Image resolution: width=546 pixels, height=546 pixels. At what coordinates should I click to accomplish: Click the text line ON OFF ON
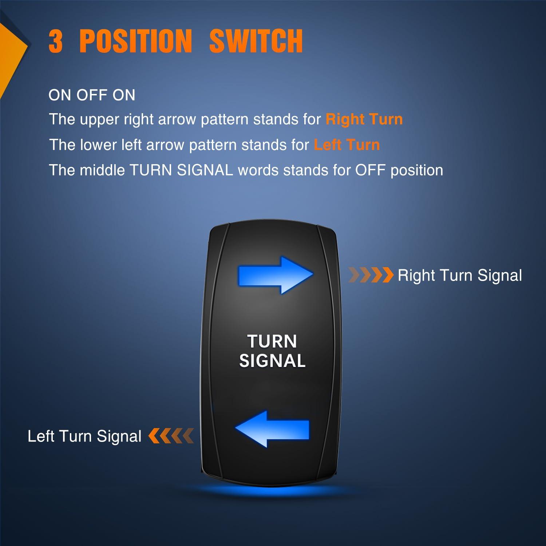pyautogui.click(x=92, y=95)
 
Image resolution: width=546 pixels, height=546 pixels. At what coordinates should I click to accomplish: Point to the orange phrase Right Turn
pyautogui.click(x=364, y=119)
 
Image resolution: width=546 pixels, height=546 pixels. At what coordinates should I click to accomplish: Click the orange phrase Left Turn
pyautogui.click(x=347, y=145)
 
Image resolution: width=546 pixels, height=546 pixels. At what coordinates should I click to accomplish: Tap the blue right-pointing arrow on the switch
pyautogui.click(x=275, y=275)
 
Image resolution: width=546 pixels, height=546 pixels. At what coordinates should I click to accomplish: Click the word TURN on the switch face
pyautogui.click(x=272, y=341)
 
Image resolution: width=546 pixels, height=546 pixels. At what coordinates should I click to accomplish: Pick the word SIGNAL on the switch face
pyautogui.click(x=272, y=361)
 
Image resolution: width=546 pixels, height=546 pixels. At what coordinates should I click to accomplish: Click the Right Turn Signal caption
pyautogui.click(x=460, y=276)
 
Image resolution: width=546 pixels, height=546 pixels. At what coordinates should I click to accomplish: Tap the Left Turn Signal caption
pyautogui.click(x=84, y=436)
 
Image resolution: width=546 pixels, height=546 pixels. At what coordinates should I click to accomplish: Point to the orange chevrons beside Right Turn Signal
pyautogui.click(x=371, y=275)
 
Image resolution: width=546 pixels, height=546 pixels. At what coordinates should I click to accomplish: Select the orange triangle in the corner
pyautogui.click(x=11, y=55)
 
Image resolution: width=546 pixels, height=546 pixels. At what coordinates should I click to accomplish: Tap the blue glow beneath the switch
pyautogui.click(x=271, y=491)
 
